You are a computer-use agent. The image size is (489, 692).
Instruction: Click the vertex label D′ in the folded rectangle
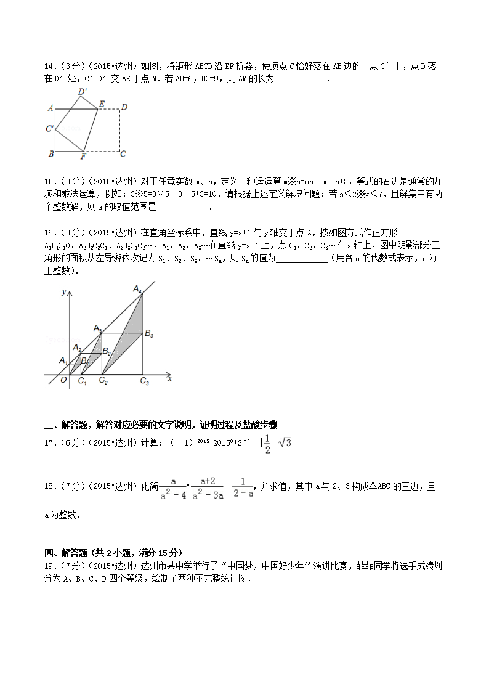[83, 92]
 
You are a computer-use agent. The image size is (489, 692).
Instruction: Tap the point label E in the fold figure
[102, 104]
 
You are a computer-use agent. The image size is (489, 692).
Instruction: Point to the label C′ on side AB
[49, 129]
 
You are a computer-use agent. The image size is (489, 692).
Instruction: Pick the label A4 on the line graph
[137, 288]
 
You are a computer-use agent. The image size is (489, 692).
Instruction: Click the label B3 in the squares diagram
[148, 333]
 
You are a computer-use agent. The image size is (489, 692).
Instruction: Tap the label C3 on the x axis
[144, 382]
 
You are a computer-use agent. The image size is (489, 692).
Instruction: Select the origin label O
[63, 381]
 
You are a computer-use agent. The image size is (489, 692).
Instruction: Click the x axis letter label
[169, 378]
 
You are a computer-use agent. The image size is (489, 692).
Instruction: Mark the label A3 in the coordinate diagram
[98, 328]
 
